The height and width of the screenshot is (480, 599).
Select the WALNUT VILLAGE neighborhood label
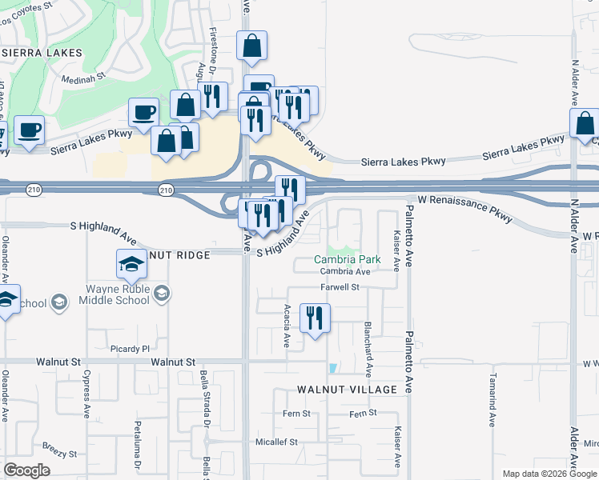347,390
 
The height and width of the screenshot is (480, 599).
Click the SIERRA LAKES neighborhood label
42,52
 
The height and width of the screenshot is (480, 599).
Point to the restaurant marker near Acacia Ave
315,318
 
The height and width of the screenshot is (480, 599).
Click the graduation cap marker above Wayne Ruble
131,265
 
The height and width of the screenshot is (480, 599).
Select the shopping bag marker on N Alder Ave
585,124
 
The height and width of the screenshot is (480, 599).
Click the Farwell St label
342,286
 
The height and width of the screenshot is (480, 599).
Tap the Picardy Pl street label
130,349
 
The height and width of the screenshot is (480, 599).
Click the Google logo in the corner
26,470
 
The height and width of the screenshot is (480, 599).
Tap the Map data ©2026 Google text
549,474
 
